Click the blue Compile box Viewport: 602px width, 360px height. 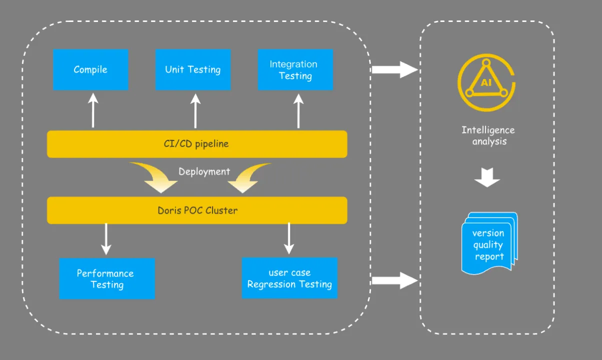pyautogui.click(x=90, y=69)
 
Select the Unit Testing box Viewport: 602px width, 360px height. pyautogui.click(x=193, y=69)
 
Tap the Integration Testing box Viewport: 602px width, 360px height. pyautogui.click(x=295, y=69)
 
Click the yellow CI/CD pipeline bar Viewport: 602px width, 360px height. pyautogui.click(x=197, y=144)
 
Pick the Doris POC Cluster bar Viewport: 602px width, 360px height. pyautogui.click(x=197, y=210)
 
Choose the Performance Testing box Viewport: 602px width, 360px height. pyautogui.click(x=106, y=278)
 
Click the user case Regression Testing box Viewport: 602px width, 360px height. pyautogui.click(x=289, y=278)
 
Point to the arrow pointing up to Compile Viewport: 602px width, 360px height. pyautogui.click(x=93, y=111)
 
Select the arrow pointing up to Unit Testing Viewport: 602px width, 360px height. pyautogui.click(x=195, y=111)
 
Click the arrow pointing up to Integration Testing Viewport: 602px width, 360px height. pyautogui.click(x=298, y=111)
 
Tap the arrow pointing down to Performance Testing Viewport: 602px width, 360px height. pyautogui.click(x=105, y=239)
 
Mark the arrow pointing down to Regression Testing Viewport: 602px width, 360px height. pyautogui.click(x=289, y=239)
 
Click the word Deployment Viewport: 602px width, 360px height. pyautogui.click(x=204, y=171)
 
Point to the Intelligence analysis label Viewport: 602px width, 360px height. pyautogui.click(x=488, y=135)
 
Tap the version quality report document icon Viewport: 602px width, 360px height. pyautogui.click(x=489, y=243)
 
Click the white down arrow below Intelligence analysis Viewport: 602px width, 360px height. pyautogui.click(x=487, y=177)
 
